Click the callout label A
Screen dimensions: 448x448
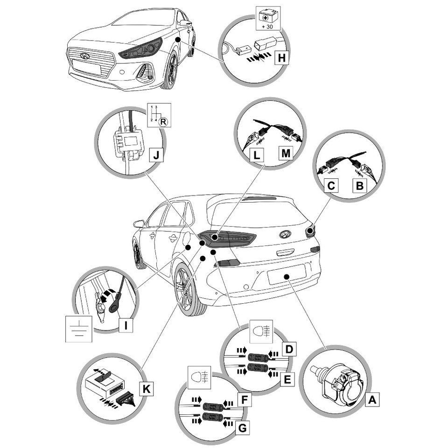372,400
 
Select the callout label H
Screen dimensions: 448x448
280,58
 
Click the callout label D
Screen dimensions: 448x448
289,349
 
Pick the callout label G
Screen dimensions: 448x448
243,427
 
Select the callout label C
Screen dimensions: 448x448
331,186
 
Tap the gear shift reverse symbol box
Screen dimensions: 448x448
159,115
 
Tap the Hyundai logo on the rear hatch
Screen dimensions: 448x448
285,234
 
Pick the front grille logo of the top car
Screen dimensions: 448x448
85,56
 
